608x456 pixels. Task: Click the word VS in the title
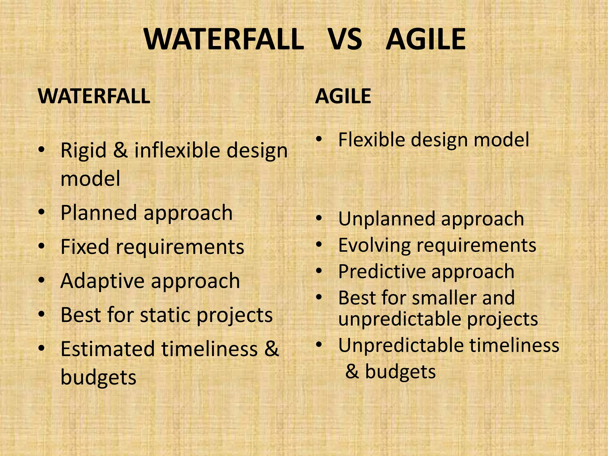(x=345, y=39)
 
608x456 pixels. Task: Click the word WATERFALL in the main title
(x=224, y=39)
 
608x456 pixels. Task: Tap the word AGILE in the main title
(x=426, y=39)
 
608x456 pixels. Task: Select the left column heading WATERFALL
(x=94, y=96)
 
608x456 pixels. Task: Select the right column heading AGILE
(x=343, y=96)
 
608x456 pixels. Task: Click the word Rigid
(x=83, y=150)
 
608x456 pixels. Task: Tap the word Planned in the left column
(x=98, y=213)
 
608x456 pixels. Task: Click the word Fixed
(x=85, y=247)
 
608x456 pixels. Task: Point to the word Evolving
(x=374, y=246)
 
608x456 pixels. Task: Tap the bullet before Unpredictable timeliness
(x=319, y=345)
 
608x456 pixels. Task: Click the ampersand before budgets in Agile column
(x=352, y=372)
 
